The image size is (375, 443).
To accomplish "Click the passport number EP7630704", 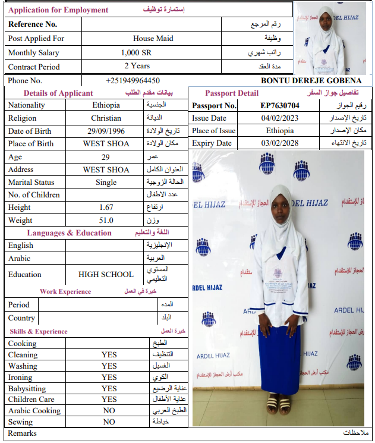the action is pyautogui.click(x=280, y=106).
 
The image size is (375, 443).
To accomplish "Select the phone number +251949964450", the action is pyautogui.click(x=133, y=81).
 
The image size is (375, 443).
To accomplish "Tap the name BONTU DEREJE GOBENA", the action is pyautogui.click(x=311, y=81).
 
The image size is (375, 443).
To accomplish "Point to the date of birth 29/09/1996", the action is pyautogui.click(x=106, y=131).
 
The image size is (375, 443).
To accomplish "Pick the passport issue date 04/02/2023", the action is pyautogui.click(x=279, y=118).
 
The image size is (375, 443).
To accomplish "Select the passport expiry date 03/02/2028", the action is pyautogui.click(x=279, y=143).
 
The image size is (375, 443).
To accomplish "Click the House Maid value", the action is pyautogui.click(x=153, y=39).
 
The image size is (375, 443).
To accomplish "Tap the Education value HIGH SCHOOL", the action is pyautogui.click(x=106, y=275).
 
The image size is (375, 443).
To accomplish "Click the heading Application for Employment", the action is pyautogui.click(x=58, y=10).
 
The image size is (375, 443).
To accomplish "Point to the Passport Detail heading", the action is pyautogui.click(x=232, y=93).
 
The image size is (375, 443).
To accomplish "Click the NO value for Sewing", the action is pyautogui.click(x=109, y=422).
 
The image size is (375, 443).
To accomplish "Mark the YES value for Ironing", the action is pyautogui.click(x=109, y=378).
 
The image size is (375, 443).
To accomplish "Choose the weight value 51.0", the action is pyautogui.click(x=106, y=221).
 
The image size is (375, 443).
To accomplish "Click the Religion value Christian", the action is pyautogui.click(x=106, y=118).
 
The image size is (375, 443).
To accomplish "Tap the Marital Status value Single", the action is pyautogui.click(x=106, y=183).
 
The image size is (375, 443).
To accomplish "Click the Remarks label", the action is pyautogui.click(x=22, y=433).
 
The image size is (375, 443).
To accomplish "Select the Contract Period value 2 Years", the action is pyautogui.click(x=137, y=66).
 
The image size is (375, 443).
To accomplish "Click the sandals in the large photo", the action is pyautogui.click(x=279, y=405).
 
